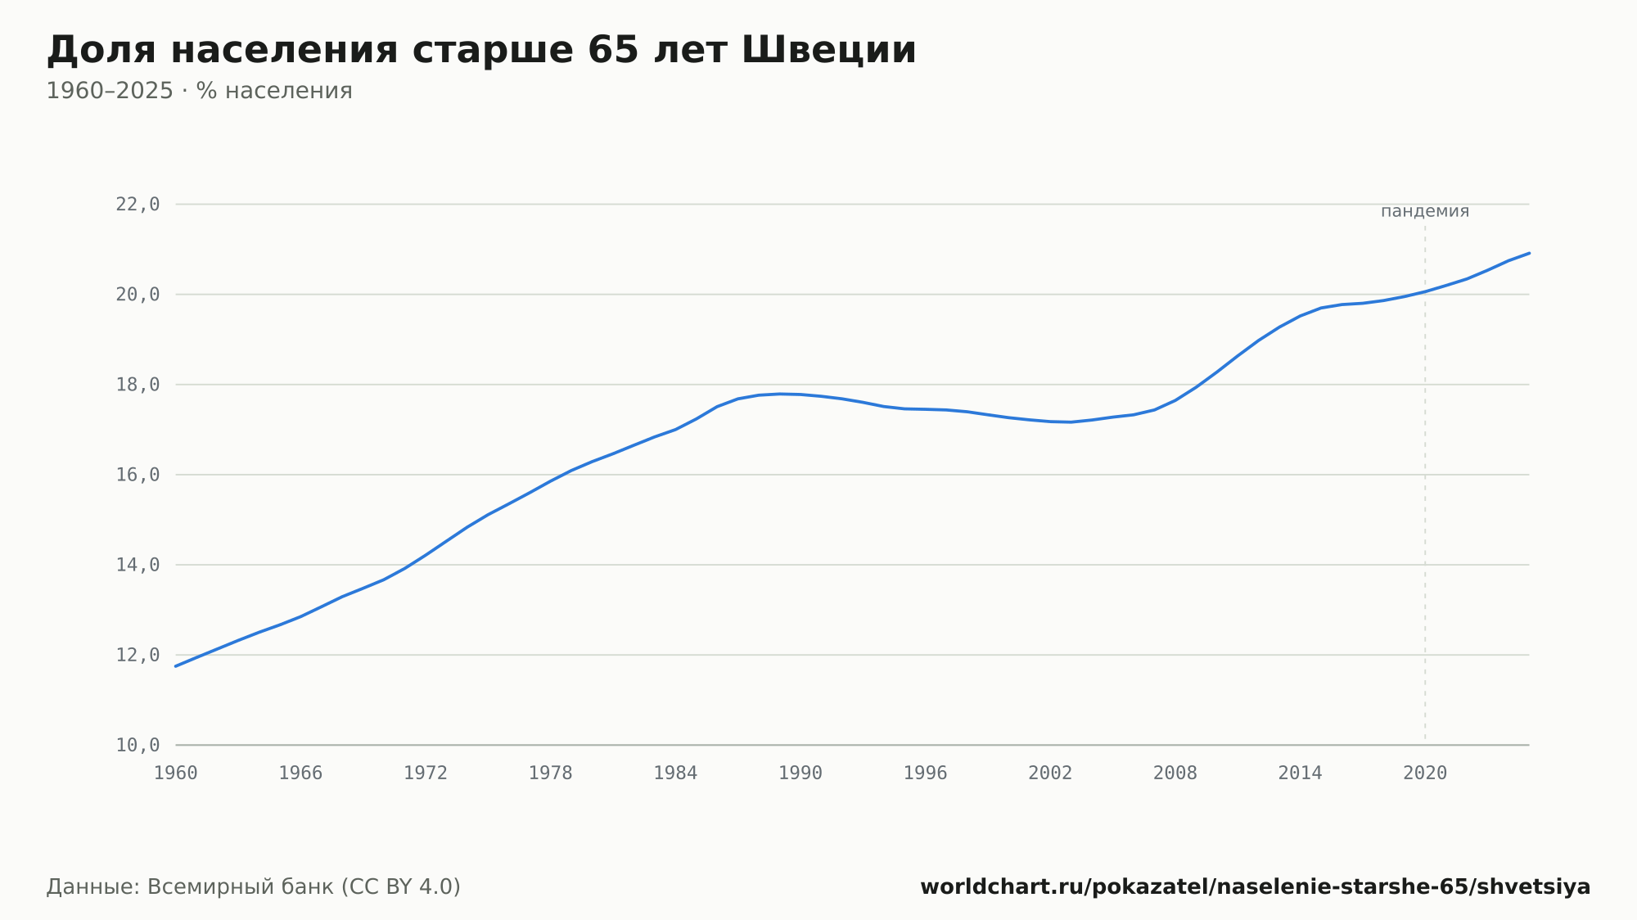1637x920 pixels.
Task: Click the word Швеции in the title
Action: [828, 51]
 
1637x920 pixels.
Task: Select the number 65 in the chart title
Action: [613, 50]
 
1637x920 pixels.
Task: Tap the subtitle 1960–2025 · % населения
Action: [199, 91]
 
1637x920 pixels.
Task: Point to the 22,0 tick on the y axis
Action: [138, 205]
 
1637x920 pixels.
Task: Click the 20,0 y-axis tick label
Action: [138, 295]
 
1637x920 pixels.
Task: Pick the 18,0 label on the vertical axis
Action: [138, 385]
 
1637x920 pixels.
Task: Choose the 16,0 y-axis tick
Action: [138, 475]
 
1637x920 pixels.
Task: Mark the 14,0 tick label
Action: [138, 565]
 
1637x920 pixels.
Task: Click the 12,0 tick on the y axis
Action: [138, 655]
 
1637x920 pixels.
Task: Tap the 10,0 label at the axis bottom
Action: [138, 745]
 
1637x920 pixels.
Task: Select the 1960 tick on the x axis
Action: [176, 773]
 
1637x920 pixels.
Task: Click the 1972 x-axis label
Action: [426, 773]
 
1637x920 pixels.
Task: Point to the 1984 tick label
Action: [675, 773]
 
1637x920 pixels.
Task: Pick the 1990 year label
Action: [800, 773]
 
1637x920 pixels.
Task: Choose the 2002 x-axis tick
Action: [1050, 773]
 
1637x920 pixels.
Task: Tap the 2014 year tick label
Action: [1300, 773]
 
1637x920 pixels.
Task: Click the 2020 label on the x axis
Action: [1425, 773]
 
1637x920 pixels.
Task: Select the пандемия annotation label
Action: [1425, 212]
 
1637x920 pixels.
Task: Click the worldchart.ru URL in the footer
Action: [1256, 887]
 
